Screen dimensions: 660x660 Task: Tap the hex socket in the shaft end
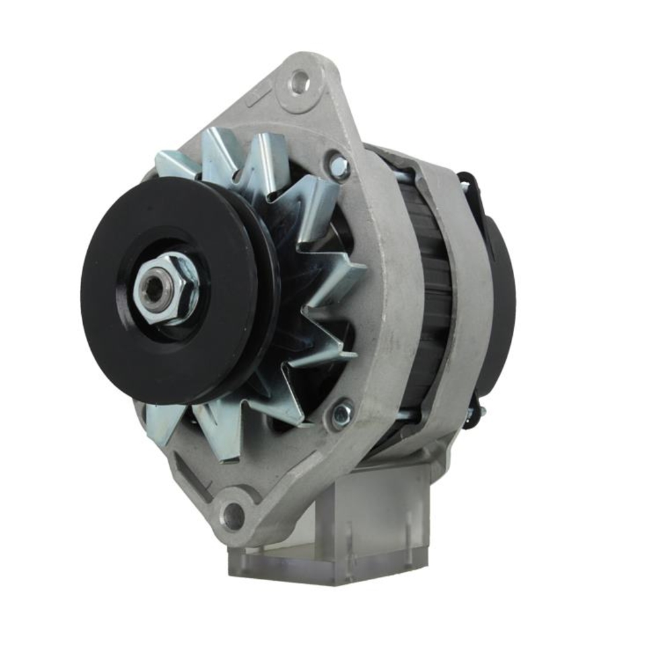point(155,288)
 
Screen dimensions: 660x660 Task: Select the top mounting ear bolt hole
point(300,82)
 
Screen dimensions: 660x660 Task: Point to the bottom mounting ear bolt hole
point(233,514)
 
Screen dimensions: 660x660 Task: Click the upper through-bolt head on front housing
point(339,166)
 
